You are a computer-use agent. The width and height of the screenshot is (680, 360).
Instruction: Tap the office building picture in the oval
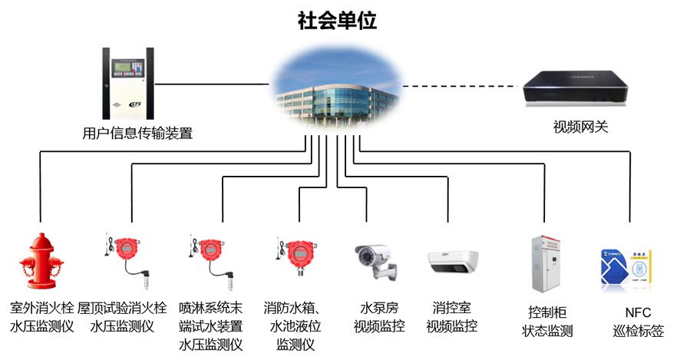coord(338,89)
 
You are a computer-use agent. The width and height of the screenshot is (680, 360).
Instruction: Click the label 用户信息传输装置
coord(137,133)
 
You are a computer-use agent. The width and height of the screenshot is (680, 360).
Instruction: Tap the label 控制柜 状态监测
coord(547,322)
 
